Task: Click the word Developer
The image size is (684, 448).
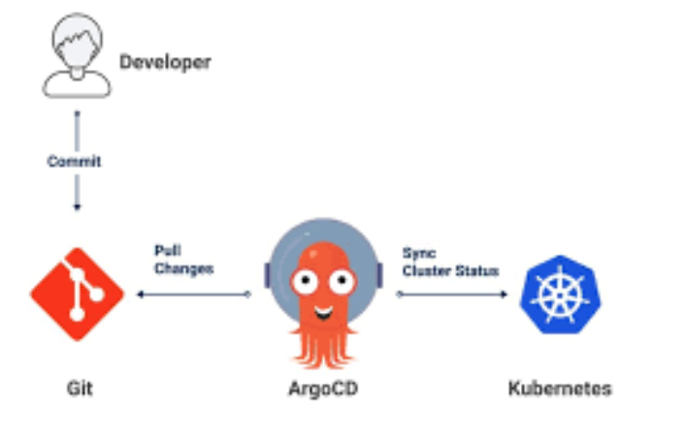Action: (165, 63)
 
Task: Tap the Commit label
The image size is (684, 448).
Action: (75, 161)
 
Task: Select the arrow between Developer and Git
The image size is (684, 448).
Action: (77, 194)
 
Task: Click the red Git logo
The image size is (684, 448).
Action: (77, 293)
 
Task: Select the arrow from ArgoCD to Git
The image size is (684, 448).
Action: (194, 293)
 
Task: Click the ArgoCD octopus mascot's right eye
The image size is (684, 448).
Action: (339, 282)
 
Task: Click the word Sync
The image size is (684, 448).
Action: (419, 253)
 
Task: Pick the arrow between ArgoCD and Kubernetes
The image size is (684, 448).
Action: (452, 293)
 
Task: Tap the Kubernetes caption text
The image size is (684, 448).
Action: (560, 389)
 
